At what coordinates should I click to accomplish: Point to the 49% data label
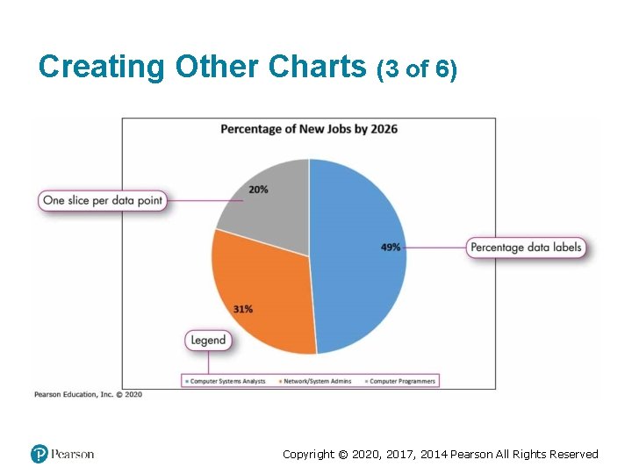391,248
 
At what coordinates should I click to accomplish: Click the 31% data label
243,309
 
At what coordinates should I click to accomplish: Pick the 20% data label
258,190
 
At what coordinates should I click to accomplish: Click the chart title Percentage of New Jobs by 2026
308,129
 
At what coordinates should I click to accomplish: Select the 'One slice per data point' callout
103,200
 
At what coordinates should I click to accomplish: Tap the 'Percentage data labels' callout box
526,248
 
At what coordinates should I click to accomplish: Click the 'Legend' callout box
208,340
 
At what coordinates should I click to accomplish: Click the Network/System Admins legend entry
316,381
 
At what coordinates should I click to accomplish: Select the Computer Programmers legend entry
401,381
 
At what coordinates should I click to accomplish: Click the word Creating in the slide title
102,67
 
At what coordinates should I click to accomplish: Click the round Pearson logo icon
39,454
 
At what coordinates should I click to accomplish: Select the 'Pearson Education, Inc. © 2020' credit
88,395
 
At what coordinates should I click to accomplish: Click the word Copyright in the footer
309,454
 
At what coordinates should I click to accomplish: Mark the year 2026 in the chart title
383,129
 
